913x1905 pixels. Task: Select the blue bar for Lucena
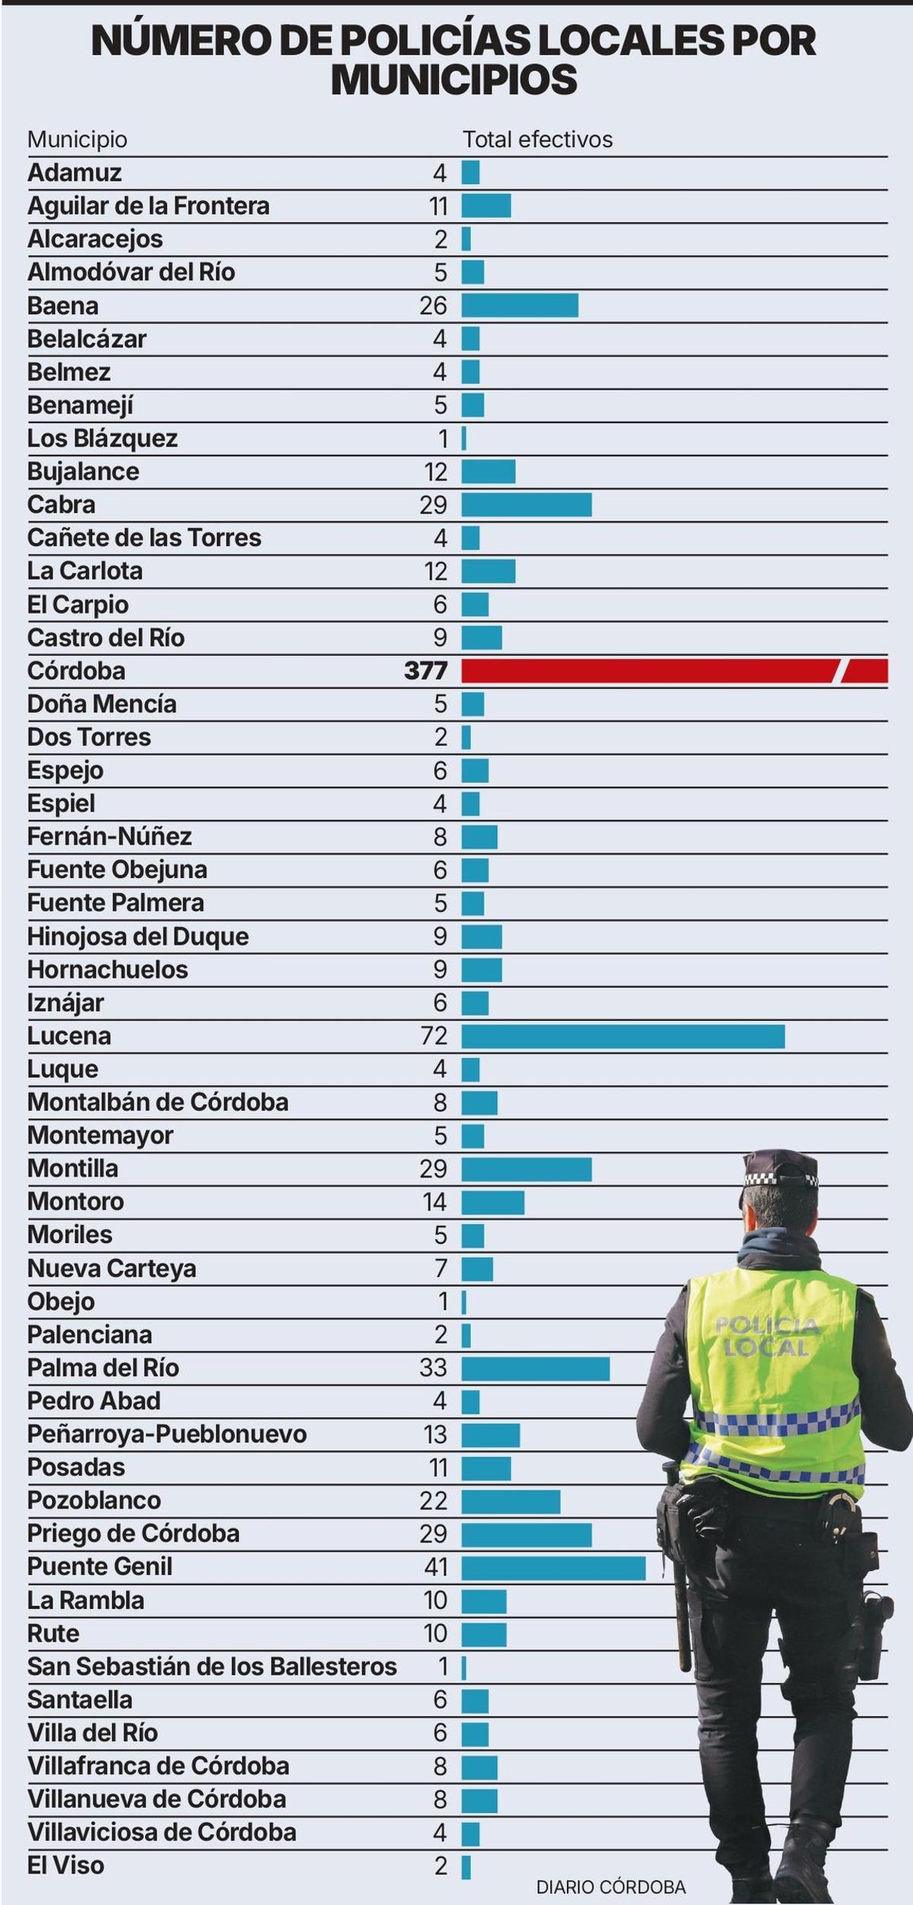[622, 1036]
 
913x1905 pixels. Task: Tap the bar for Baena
[520, 305]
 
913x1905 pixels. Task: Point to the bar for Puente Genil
[553, 1567]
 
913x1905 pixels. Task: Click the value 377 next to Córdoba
[425, 671]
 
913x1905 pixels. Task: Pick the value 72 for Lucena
[434, 1036]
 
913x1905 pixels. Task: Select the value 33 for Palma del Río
[433, 1368]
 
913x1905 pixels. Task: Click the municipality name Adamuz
[75, 173]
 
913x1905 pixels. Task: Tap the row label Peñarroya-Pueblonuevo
[167, 1434]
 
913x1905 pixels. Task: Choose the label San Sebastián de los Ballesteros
[212, 1667]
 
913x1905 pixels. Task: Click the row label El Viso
[65, 1865]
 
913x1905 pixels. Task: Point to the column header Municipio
[77, 139]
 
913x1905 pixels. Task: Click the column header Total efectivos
[537, 139]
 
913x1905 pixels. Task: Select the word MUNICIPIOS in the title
[454, 80]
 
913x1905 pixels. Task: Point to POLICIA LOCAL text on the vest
[767, 1337]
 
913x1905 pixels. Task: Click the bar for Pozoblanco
[511, 1501]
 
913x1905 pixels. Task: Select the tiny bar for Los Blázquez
[464, 439]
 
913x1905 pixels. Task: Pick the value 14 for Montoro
[434, 1202]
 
